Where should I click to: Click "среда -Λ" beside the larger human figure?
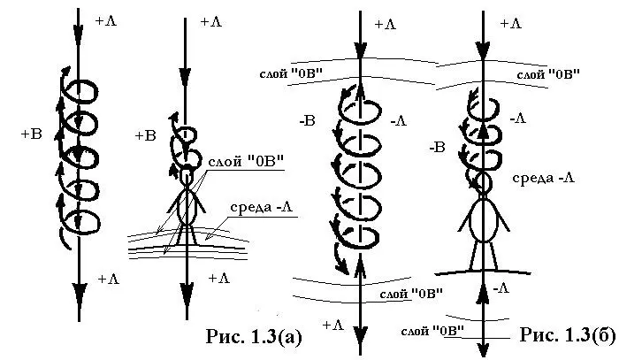[544, 179]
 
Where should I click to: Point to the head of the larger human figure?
[483, 183]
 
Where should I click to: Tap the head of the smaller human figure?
[187, 176]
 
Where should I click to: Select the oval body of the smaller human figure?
[187, 206]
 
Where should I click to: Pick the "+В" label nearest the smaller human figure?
[146, 135]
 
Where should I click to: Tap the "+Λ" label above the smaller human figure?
[211, 22]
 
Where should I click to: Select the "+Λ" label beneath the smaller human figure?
[218, 279]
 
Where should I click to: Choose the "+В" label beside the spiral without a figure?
[30, 134]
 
